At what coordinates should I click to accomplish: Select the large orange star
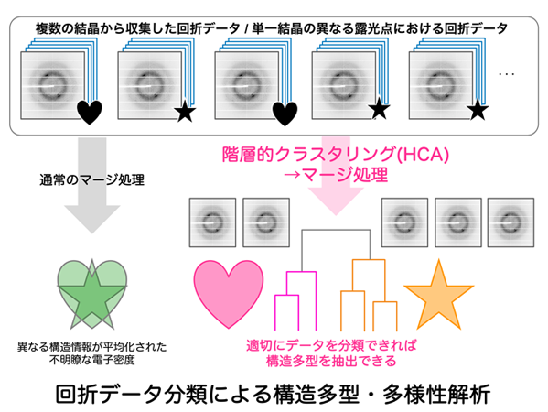click(438, 298)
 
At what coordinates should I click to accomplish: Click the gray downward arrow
click(91, 185)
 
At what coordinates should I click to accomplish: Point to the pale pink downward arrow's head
click(336, 201)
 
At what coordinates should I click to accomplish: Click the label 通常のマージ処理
click(91, 179)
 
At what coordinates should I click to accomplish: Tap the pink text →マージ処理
click(336, 175)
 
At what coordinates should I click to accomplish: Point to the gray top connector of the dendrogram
click(336, 230)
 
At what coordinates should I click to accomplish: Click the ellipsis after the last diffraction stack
click(507, 74)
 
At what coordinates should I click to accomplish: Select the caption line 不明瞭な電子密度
click(91, 360)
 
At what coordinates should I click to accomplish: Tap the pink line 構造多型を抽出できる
click(331, 361)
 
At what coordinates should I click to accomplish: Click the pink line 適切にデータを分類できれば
click(331, 345)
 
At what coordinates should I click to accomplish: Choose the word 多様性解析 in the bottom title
click(436, 395)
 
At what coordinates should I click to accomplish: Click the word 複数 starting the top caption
click(48, 28)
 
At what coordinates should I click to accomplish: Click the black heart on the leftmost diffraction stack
click(90, 112)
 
